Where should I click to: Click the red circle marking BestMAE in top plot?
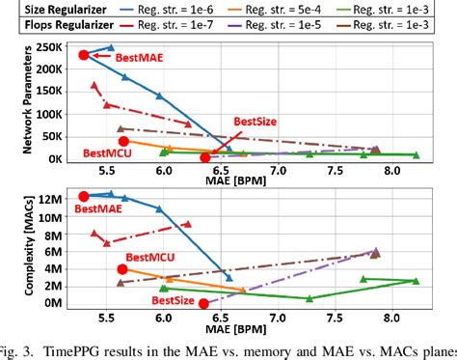(84, 55)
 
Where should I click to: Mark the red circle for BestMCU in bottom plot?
(122, 269)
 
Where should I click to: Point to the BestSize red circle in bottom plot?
(203, 303)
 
